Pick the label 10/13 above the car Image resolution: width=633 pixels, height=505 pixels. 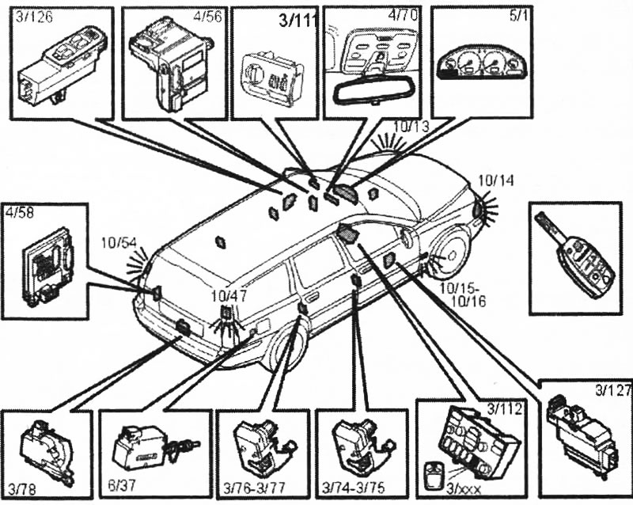tap(411, 124)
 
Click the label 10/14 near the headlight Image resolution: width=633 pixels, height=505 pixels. tap(496, 180)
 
